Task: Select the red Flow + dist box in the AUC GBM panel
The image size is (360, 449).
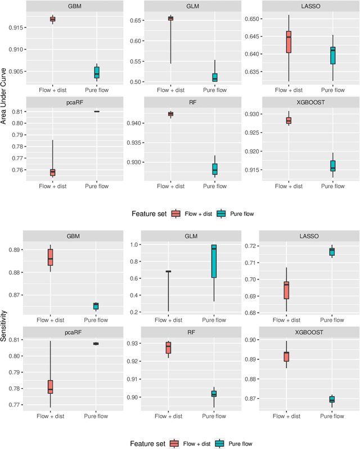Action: click(52, 19)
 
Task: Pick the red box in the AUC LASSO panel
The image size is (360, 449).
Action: click(289, 42)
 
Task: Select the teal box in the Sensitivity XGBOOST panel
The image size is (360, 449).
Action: click(332, 399)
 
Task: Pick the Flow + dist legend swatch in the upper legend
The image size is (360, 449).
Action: click(175, 213)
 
